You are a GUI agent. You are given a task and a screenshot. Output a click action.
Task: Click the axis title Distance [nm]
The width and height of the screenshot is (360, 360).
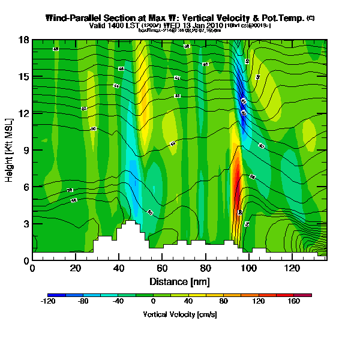click(x=179, y=281)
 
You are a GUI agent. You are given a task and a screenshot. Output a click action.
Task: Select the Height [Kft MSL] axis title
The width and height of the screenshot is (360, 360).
click(x=10, y=150)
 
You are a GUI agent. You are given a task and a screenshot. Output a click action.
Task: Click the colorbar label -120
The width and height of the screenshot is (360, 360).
click(x=47, y=302)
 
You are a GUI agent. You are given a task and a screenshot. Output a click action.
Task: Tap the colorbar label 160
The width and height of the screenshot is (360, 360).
click(x=294, y=302)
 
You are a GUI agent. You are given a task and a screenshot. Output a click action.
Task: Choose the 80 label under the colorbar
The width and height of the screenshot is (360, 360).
click(x=223, y=302)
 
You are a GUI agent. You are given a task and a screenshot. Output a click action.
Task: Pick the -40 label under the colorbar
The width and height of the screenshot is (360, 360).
click(x=118, y=302)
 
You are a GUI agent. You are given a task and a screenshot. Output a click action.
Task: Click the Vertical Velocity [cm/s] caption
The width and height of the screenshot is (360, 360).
click(x=179, y=314)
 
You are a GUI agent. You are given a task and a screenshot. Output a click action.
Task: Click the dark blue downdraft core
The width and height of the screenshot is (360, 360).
click(x=242, y=108)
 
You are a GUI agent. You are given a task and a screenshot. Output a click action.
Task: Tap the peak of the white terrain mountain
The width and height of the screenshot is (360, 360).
click(x=130, y=223)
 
